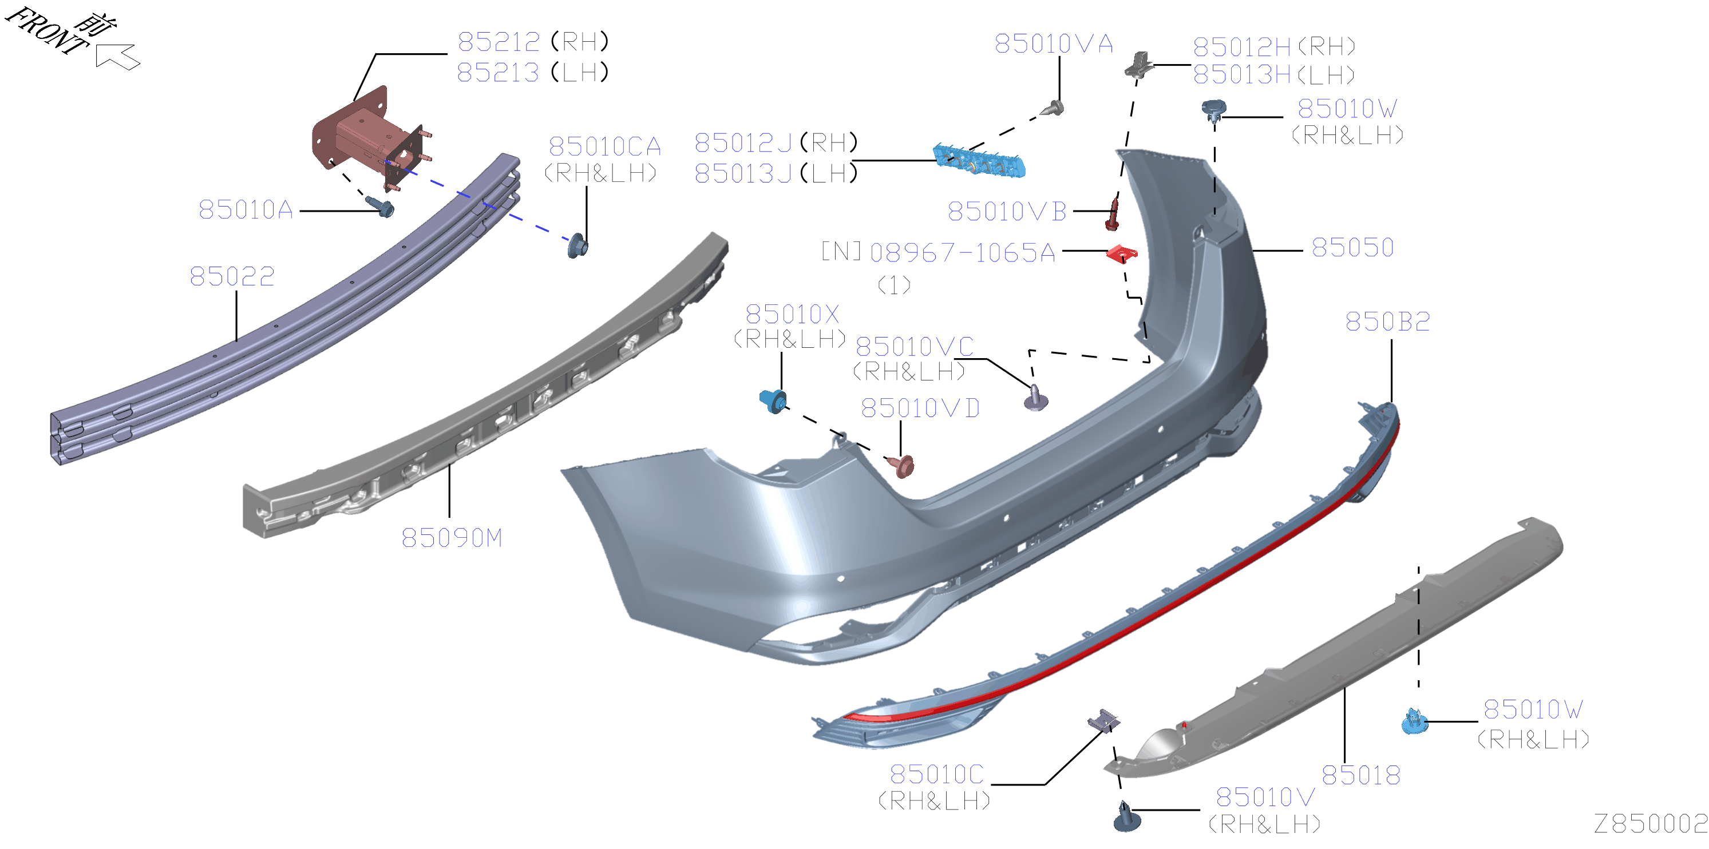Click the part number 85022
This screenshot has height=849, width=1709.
pos(232,276)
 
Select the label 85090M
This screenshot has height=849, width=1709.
pos(452,538)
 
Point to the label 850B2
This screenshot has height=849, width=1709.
pos(1387,322)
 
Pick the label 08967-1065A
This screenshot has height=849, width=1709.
pos(963,253)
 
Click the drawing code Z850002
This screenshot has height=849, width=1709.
pos(1651,824)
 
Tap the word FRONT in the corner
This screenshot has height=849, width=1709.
pos(47,30)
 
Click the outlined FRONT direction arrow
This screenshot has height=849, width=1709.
pos(117,55)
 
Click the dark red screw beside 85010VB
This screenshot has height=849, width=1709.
pos(1113,213)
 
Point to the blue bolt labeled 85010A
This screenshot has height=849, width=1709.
pos(381,207)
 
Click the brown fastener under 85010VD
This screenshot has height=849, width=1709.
pos(901,465)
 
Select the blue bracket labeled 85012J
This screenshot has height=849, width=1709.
pos(979,161)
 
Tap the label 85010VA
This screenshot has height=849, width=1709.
pos(1054,44)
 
